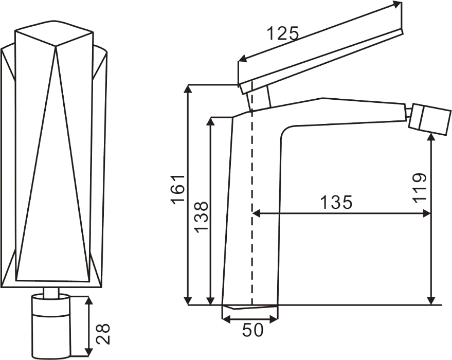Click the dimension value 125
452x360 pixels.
click(x=282, y=33)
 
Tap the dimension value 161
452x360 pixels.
click(x=178, y=189)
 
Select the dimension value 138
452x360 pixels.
click(x=201, y=217)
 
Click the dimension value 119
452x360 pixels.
click(x=419, y=188)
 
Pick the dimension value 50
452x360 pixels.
click(x=252, y=330)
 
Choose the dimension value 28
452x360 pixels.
click(x=103, y=334)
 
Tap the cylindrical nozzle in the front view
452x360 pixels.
click(x=51, y=326)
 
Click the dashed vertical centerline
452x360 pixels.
click(x=252, y=193)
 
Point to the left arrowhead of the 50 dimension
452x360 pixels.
click(x=227, y=319)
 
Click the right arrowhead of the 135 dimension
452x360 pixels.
click(x=426, y=213)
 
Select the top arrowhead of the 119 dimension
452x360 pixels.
click(x=431, y=140)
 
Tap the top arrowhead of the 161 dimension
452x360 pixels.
click(x=188, y=89)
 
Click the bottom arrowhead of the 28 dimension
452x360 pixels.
click(x=89, y=351)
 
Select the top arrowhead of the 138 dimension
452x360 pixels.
click(x=211, y=122)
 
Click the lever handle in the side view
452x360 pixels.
click(x=321, y=61)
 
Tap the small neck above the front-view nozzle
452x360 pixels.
click(x=51, y=292)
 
